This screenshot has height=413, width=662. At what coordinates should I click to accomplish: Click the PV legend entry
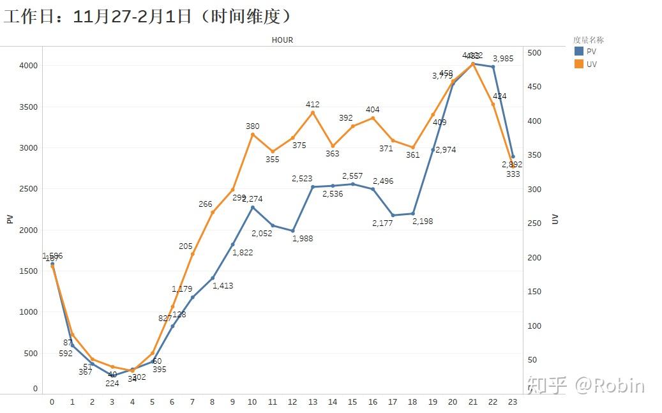click(591, 52)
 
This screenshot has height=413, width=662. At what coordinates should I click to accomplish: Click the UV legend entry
click(591, 64)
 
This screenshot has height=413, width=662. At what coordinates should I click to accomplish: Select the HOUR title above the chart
click(282, 40)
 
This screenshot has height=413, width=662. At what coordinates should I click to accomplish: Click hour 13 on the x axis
click(312, 402)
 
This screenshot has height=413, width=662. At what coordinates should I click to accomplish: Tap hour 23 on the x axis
click(513, 402)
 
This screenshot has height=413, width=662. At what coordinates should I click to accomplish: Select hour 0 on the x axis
click(52, 402)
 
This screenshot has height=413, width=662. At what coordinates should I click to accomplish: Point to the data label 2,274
click(252, 199)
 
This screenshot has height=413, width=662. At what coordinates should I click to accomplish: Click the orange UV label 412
click(313, 105)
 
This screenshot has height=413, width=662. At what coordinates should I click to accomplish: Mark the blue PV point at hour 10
click(252, 207)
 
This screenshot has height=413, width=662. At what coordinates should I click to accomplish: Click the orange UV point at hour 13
click(313, 113)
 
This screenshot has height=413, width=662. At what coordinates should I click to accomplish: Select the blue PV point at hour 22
click(493, 67)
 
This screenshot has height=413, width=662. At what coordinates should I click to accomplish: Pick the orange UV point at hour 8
click(213, 212)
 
